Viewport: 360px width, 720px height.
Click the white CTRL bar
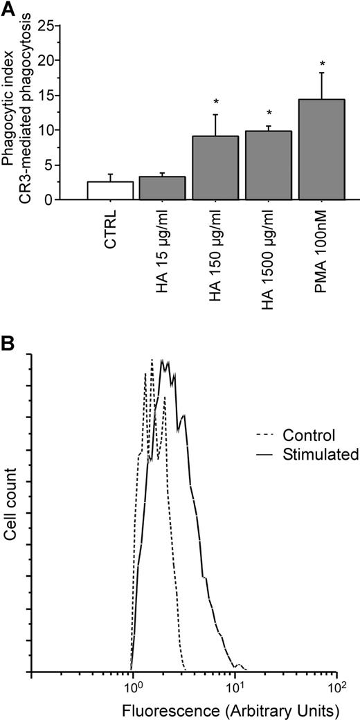(98, 190)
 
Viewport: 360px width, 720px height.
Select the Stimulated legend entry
(320, 455)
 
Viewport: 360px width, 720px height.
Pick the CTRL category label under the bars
(101, 228)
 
